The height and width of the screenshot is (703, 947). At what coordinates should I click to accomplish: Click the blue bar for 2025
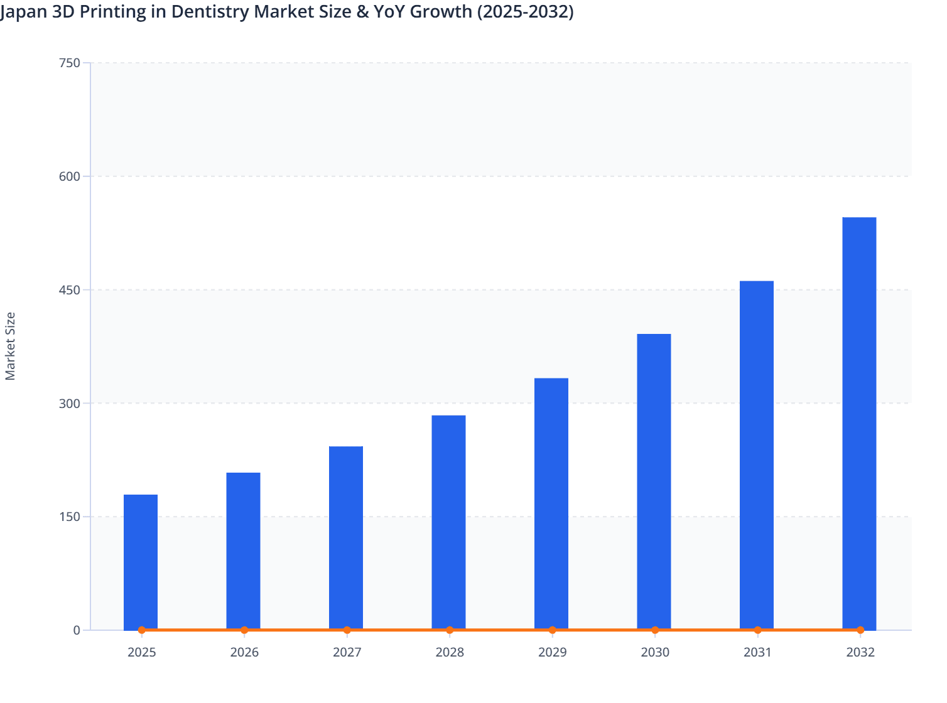[141, 562]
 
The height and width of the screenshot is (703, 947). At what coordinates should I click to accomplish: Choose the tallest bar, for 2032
[859, 423]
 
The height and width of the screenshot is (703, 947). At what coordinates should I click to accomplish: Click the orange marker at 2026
[244, 630]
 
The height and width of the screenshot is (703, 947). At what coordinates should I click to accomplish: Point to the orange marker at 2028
[450, 630]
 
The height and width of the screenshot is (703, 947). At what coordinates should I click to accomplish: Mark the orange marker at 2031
[757, 630]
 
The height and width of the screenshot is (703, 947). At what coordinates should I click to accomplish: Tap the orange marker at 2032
[860, 630]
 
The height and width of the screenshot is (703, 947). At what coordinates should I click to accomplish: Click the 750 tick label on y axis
[69, 63]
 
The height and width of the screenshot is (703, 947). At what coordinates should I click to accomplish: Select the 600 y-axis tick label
[69, 176]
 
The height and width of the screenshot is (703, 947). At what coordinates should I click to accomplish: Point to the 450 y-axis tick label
[69, 290]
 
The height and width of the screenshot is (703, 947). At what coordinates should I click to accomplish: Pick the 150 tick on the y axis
[69, 517]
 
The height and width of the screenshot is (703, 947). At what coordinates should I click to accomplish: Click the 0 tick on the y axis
[77, 630]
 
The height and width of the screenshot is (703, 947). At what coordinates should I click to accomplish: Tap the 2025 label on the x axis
[141, 652]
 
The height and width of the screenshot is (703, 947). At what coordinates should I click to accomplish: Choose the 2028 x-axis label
[450, 652]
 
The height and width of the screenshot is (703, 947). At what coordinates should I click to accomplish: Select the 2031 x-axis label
[757, 652]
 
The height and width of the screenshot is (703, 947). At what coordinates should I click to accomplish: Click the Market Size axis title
[10, 346]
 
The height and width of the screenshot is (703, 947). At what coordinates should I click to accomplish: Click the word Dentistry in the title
[210, 12]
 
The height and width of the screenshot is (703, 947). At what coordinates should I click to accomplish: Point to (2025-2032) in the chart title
[525, 12]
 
